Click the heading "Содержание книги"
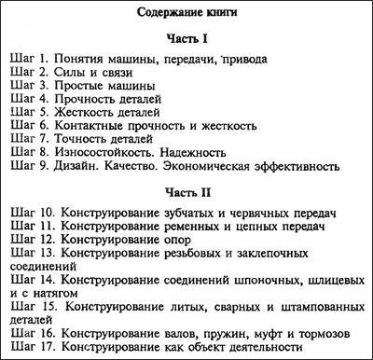point(186,15)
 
